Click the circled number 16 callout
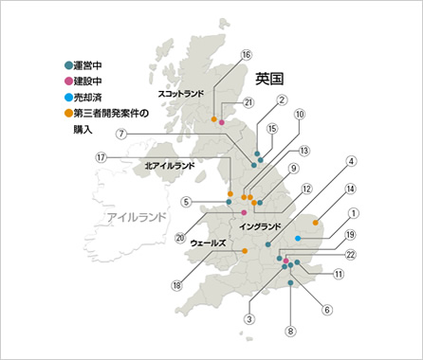coord(247,55)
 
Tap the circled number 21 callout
coord(249,103)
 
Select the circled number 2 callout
coord(282,100)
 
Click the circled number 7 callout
coord(121,134)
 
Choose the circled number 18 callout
coord(176,285)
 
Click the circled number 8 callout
coord(290,332)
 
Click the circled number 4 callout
coord(350,162)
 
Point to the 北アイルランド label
coord(170,165)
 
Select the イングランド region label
coord(260,227)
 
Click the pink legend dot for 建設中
coord(66,82)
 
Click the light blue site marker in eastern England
coord(298,238)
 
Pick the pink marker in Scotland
coord(222,122)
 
